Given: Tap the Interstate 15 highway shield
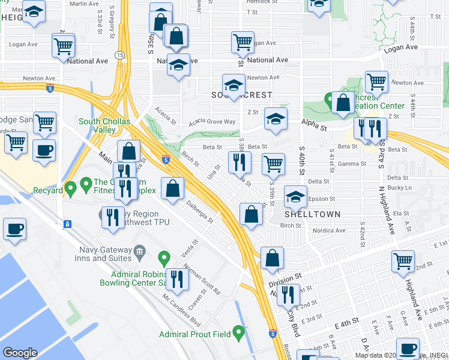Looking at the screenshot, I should click(120, 55).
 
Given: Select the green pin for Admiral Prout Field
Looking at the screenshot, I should click(239, 331).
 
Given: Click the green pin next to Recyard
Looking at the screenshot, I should click(70, 190).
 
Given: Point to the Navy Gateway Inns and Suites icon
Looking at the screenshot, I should click(139, 250).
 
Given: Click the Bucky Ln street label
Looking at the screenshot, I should click(399, 188).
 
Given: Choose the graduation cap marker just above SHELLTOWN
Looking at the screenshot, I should click(295, 196).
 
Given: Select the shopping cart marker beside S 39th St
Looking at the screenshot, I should click(274, 163).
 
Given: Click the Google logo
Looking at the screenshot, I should click(20, 352).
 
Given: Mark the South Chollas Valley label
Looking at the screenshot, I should click(105, 125).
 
